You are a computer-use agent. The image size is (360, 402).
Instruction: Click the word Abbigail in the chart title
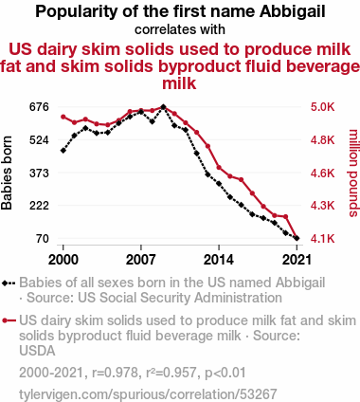point(292,11)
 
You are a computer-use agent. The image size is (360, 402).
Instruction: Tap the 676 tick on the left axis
point(39,107)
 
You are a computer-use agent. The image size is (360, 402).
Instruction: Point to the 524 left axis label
point(39,139)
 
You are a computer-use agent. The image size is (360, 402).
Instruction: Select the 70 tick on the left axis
point(43,238)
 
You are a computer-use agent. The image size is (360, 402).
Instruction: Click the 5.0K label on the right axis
point(322,107)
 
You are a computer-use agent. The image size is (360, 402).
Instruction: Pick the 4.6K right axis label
point(322,173)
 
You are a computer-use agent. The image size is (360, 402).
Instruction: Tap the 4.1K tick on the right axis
point(322,238)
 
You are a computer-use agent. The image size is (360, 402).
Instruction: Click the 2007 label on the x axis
point(141,260)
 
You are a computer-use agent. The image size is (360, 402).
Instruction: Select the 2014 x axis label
point(219,260)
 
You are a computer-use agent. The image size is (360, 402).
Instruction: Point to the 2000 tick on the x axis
point(63,260)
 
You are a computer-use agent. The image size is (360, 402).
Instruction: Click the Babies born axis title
point(7,173)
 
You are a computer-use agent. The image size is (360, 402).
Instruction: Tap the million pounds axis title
point(353,173)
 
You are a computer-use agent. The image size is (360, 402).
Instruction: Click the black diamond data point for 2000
point(63,151)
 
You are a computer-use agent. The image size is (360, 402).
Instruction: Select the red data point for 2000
point(63,117)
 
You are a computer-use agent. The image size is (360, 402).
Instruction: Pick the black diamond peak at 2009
point(163,107)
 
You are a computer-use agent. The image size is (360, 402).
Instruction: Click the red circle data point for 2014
point(219,167)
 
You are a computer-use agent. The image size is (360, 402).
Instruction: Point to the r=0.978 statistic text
point(115,373)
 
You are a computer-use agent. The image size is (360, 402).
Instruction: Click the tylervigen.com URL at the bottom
point(148,394)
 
